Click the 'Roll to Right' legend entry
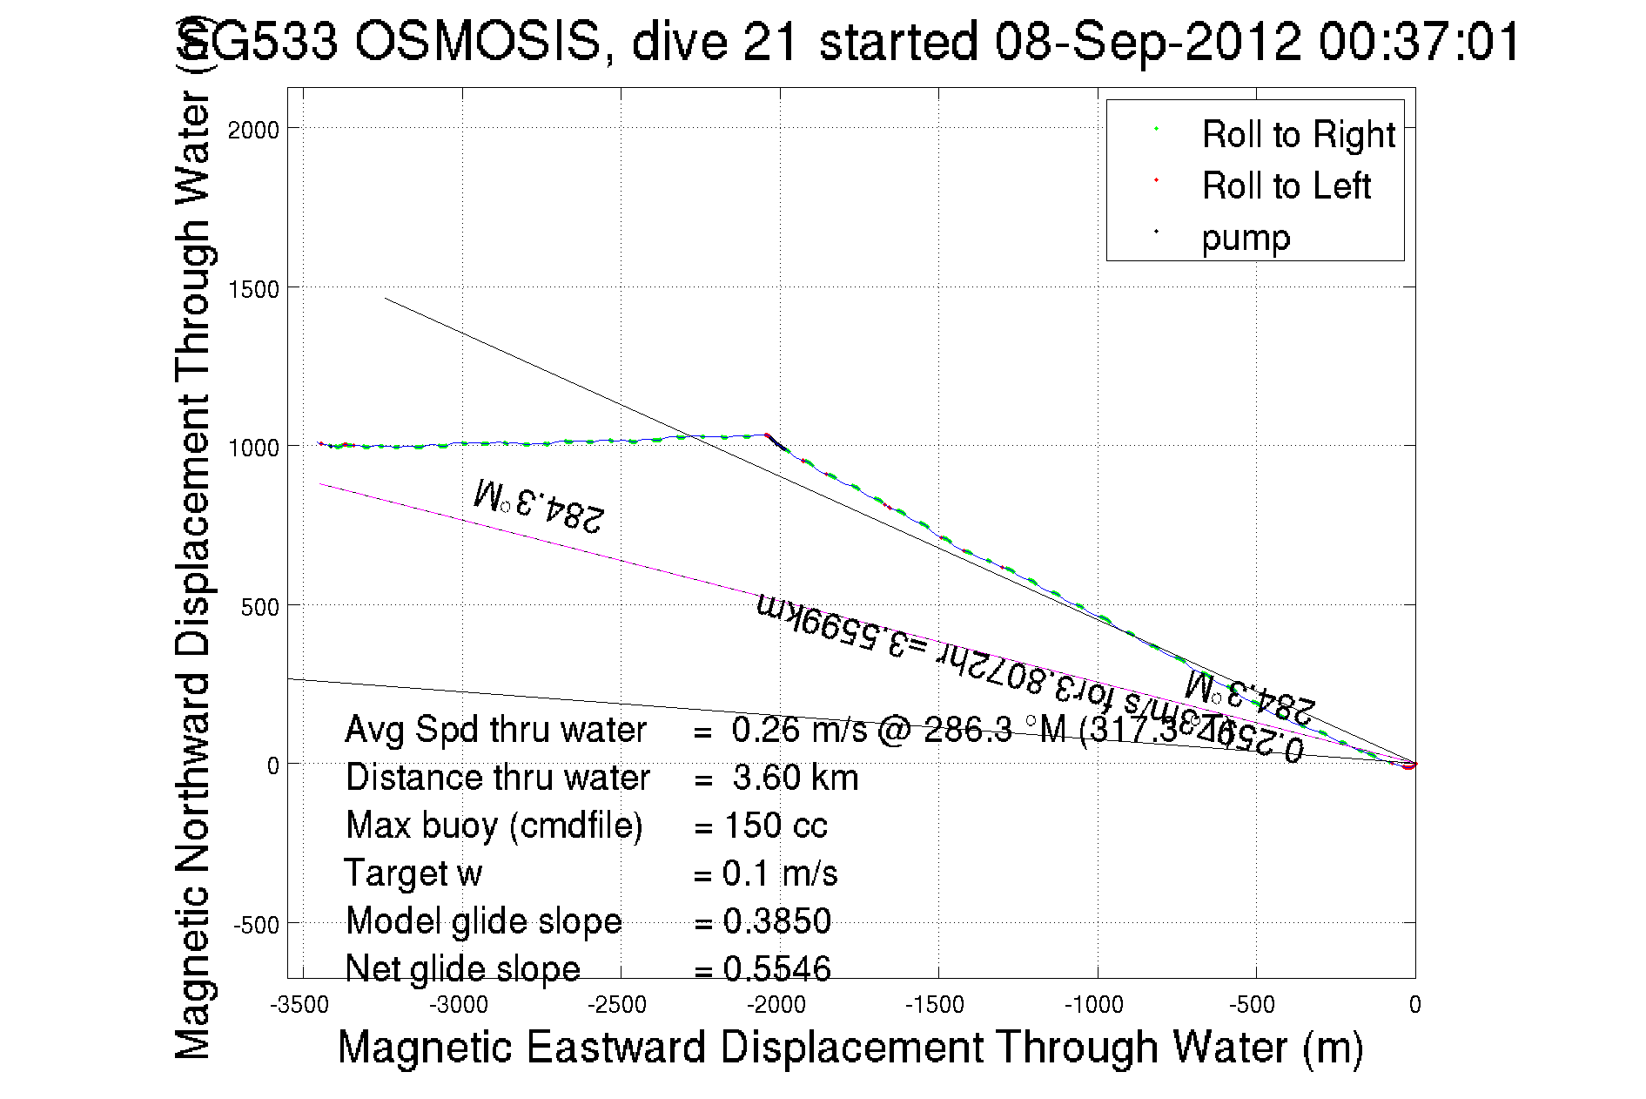coord(1298,135)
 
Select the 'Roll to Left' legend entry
coord(1286,186)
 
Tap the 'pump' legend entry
coord(1245,238)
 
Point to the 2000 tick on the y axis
coord(253,131)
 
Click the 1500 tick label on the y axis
coord(253,289)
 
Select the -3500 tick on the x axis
coord(299,1005)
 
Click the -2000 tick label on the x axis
coord(776,1005)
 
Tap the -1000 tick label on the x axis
coord(1094,1005)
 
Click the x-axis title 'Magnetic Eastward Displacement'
coord(850,1047)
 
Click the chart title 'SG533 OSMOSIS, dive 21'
coord(849,41)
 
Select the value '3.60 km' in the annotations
coord(796,778)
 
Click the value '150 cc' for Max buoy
coord(776,826)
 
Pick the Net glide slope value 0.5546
coord(777,968)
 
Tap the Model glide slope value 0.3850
coord(777,921)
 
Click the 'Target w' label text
coord(413,873)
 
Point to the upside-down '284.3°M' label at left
coord(539,506)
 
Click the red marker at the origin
coord(1409,765)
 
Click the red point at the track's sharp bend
coord(766,435)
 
